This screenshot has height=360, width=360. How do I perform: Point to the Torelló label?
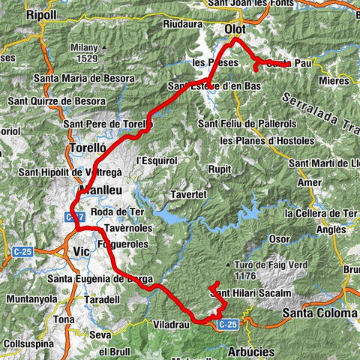coord(86,148)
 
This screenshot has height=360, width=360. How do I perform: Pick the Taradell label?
coord(100,298)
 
